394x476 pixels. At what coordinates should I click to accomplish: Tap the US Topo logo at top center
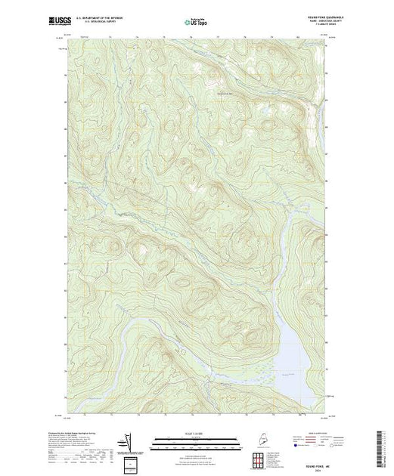(x=197, y=23)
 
